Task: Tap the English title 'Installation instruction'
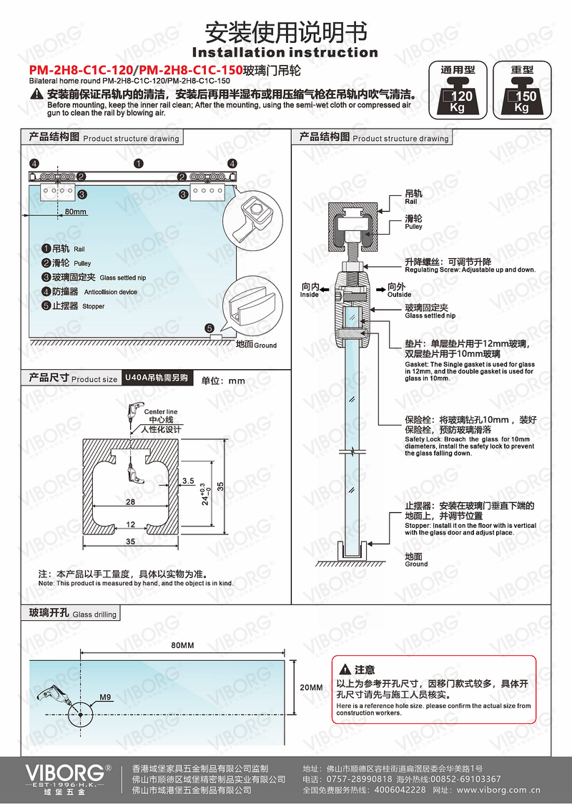tap(285, 52)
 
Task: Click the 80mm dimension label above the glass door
tap(75, 212)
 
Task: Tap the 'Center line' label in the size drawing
tap(160, 412)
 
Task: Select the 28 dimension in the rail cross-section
tap(130, 502)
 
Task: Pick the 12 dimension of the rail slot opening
tap(130, 525)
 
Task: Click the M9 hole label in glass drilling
tap(105, 697)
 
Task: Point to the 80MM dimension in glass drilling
tap(183, 645)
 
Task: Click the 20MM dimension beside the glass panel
tap(311, 687)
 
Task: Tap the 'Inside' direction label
tap(310, 290)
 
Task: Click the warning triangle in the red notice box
tap(345, 670)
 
